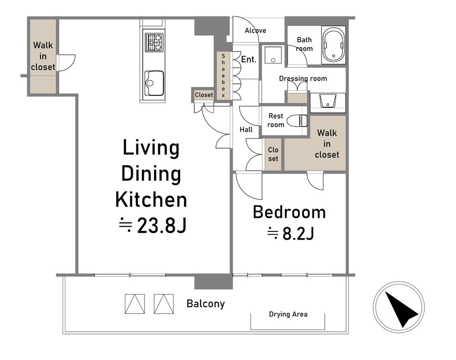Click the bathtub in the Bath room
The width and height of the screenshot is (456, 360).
(x=334, y=45)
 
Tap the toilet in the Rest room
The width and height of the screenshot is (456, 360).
(x=297, y=121)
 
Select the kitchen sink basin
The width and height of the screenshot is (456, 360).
(x=154, y=83)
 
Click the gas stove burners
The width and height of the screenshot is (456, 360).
(x=154, y=42)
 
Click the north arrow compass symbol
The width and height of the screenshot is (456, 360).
(x=399, y=307)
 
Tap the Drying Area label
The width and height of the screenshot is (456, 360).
(x=288, y=314)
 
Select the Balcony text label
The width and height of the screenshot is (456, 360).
(x=206, y=303)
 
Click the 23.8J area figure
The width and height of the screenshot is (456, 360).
(x=162, y=226)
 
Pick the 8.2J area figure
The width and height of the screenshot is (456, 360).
(x=298, y=233)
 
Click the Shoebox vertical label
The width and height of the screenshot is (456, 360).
(x=223, y=75)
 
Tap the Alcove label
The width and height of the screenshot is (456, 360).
(x=255, y=31)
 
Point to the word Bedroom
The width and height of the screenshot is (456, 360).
(x=289, y=212)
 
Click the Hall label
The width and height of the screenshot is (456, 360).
(x=246, y=129)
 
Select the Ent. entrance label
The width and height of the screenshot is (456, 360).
(x=249, y=59)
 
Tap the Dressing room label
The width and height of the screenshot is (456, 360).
(x=303, y=78)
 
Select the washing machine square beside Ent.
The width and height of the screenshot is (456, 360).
(x=273, y=55)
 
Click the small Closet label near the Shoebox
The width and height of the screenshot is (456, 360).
(x=204, y=95)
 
